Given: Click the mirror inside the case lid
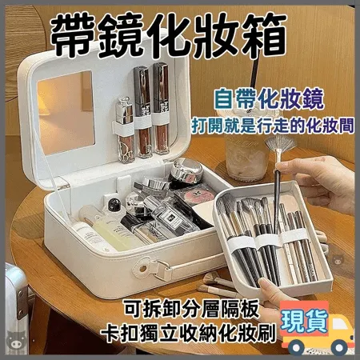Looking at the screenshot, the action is tap(66, 113).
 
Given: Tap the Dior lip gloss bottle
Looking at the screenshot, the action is tap(125, 130).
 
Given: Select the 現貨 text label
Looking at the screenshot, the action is tap(304, 321).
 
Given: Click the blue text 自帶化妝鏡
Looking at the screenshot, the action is tap(269, 99).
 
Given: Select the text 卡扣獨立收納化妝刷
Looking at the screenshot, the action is tap(188, 333).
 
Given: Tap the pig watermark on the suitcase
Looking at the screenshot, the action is tap(17, 340).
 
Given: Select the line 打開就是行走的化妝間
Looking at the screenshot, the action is tap(273, 126).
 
